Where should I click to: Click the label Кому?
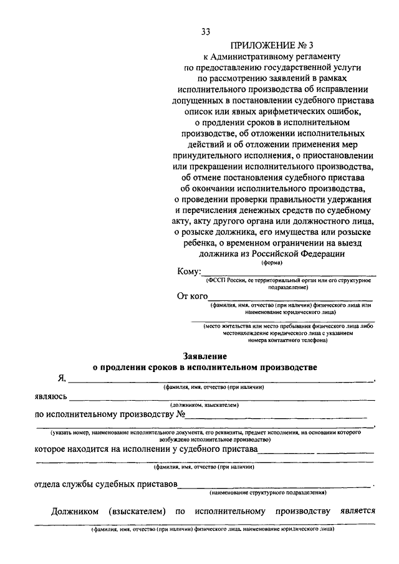[x=189, y=272]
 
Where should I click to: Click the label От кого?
[x=192, y=297]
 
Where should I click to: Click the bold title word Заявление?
[x=204, y=356]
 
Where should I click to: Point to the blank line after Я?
[x=221, y=380]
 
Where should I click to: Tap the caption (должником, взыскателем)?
[x=205, y=405]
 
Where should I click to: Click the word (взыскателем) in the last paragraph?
[x=136, y=512]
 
